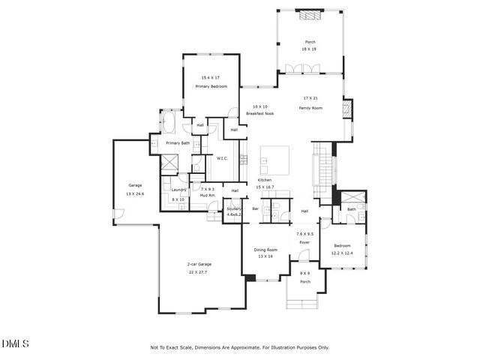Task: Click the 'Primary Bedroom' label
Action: click(x=211, y=87)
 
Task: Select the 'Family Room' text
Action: click(x=310, y=108)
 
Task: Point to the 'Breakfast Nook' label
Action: click(x=260, y=113)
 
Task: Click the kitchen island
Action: click(x=274, y=159)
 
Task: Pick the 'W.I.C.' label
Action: click(x=222, y=158)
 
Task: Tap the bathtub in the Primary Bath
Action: click(x=167, y=122)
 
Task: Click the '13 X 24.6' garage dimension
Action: click(x=135, y=193)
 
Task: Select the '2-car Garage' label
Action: click(x=199, y=264)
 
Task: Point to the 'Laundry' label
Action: click(x=178, y=190)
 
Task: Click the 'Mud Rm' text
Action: click(x=208, y=196)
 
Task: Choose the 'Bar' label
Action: click(x=255, y=208)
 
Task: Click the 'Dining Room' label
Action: click(x=265, y=249)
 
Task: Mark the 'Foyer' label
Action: click(x=304, y=243)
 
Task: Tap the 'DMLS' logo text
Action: click(x=15, y=343)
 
